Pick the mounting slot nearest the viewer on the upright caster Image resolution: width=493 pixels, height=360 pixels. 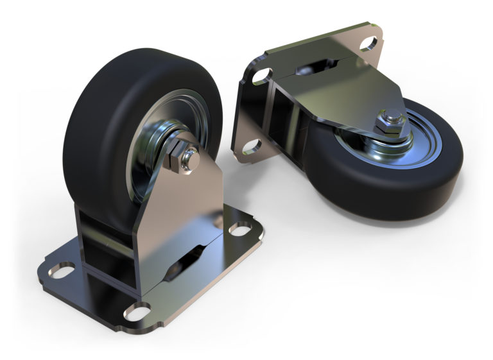point(137,313)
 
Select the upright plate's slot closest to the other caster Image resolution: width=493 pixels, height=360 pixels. point(238,229)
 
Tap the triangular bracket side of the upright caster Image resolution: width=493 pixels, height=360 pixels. point(186,205)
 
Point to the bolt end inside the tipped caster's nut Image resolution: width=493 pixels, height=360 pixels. point(392,118)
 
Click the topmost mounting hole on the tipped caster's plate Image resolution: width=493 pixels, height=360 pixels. point(368,44)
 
